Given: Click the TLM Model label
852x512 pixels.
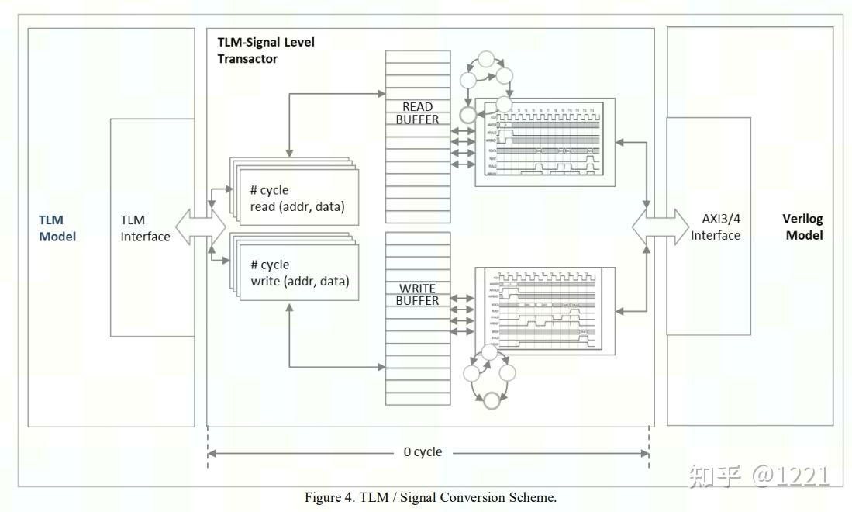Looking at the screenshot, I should (x=57, y=228).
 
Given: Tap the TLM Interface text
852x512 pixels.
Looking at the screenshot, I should (x=145, y=228).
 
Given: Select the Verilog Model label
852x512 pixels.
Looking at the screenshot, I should (x=803, y=227).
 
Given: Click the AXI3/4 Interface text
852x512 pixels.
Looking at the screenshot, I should (x=716, y=227).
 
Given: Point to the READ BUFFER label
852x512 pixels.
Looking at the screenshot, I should (x=417, y=112).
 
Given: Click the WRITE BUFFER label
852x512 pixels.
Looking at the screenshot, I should (x=417, y=294).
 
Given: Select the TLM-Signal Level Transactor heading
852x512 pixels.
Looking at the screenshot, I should (x=266, y=50).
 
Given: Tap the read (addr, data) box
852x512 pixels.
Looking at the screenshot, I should (x=295, y=199).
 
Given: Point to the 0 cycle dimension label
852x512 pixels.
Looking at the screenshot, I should (x=423, y=451).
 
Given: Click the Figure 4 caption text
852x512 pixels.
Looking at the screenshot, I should (x=430, y=498).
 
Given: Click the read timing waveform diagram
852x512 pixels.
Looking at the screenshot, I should (x=545, y=141).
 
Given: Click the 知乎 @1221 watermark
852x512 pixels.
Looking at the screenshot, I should (x=757, y=475).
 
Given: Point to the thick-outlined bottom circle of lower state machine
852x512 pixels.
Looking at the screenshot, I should (x=490, y=400).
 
